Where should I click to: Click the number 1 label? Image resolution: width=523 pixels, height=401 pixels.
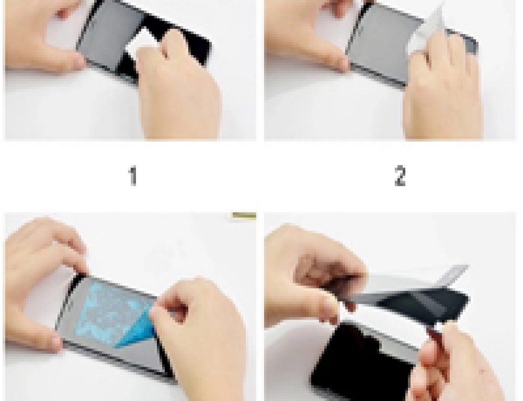(133, 176)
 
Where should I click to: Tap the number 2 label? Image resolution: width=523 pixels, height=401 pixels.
(400, 176)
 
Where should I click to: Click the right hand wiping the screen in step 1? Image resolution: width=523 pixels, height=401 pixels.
(178, 89)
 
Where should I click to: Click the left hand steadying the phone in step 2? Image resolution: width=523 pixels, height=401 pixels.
(303, 37)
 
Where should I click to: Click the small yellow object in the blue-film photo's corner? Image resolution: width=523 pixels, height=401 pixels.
(243, 215)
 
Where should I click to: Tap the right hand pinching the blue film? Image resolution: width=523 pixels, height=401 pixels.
(199, 335)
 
